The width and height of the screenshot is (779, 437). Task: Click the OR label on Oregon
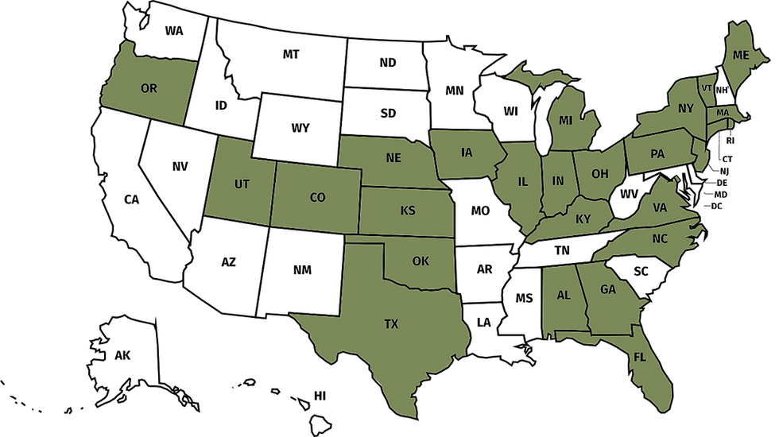149,88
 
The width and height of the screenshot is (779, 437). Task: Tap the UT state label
242,184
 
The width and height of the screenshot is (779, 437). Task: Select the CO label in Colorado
317,197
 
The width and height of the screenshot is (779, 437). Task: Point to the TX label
391,324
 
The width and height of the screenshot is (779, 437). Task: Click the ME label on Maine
742,55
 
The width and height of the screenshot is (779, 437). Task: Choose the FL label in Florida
639,357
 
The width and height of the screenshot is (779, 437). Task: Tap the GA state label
608,289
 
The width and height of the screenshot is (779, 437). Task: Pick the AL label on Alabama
564,295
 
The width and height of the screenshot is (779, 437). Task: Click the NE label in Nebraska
393,158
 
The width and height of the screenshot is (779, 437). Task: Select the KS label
408,211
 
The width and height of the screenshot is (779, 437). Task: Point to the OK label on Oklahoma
420,261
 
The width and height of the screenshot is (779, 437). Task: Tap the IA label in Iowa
467,152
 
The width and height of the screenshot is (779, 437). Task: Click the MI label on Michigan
566,121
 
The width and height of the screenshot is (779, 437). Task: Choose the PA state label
657,154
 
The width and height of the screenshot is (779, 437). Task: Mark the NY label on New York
686,109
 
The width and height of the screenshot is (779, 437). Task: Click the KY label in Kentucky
583,218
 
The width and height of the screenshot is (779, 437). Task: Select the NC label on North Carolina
661,238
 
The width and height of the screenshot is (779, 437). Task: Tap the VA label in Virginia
660,207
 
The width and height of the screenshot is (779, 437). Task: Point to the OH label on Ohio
600,173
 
